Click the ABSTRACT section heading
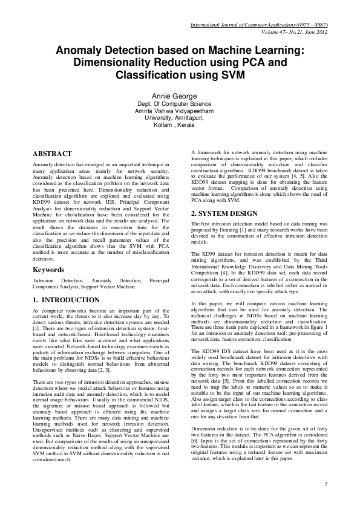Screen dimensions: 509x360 52,154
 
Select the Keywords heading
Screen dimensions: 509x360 49,270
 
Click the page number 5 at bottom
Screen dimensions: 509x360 326,484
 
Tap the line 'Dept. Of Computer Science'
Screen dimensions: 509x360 179,104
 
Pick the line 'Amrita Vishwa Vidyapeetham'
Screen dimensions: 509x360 179,111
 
